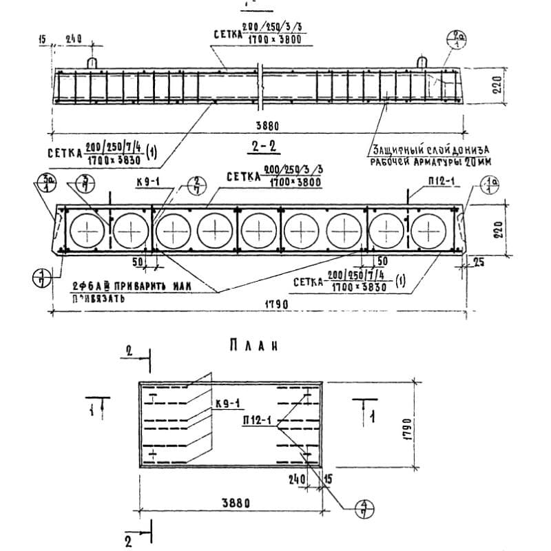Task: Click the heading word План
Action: pos(256,346)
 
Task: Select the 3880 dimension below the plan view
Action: pos(231,503)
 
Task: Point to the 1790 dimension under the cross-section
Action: pos(273,304)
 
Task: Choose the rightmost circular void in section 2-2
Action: pos(430,229)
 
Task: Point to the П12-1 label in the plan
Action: pos(258,419)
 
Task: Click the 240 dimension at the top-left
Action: pos(74,39)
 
